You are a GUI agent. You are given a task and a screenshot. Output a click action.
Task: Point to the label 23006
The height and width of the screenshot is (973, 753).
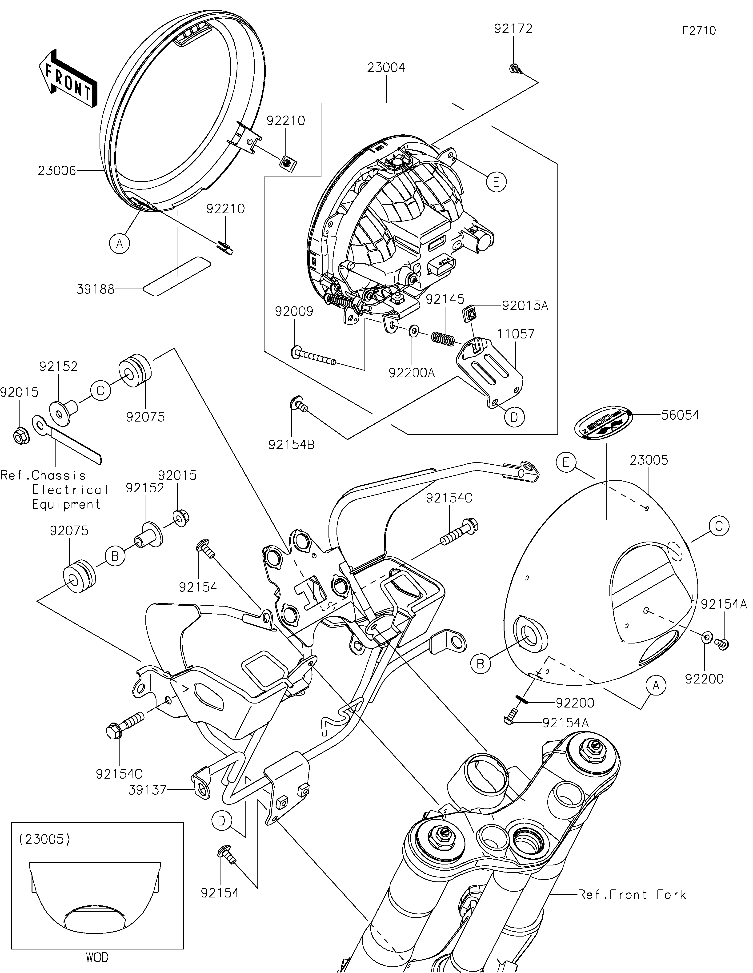(x=57, y=171)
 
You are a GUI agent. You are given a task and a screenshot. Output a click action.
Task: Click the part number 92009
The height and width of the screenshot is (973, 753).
(x=294, y=312)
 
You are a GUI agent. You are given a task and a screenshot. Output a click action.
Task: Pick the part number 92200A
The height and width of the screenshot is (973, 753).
(x=412, y=372)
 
